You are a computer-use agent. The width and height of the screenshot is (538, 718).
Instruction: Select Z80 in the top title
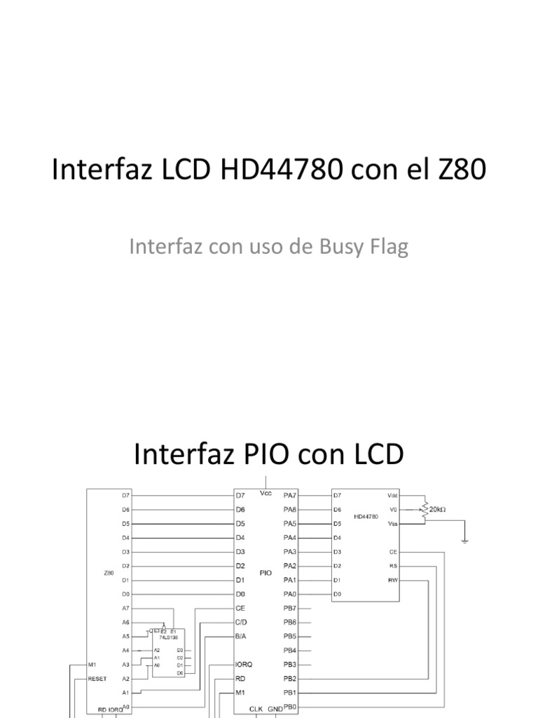(460, 171)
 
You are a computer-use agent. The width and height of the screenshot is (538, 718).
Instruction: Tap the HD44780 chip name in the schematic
(365, 517)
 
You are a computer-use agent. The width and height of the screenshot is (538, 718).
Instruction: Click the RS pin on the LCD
(393, 566)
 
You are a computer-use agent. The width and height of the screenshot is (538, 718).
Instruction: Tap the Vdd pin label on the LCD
(392, 495)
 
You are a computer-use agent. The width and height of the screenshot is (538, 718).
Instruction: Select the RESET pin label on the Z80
(97, 678)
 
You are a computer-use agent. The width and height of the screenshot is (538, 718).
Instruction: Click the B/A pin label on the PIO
(242, 636)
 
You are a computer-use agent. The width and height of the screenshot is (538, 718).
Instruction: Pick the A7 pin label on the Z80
(125, 608)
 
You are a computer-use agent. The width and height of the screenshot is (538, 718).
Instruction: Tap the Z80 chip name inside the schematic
(108, 573)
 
